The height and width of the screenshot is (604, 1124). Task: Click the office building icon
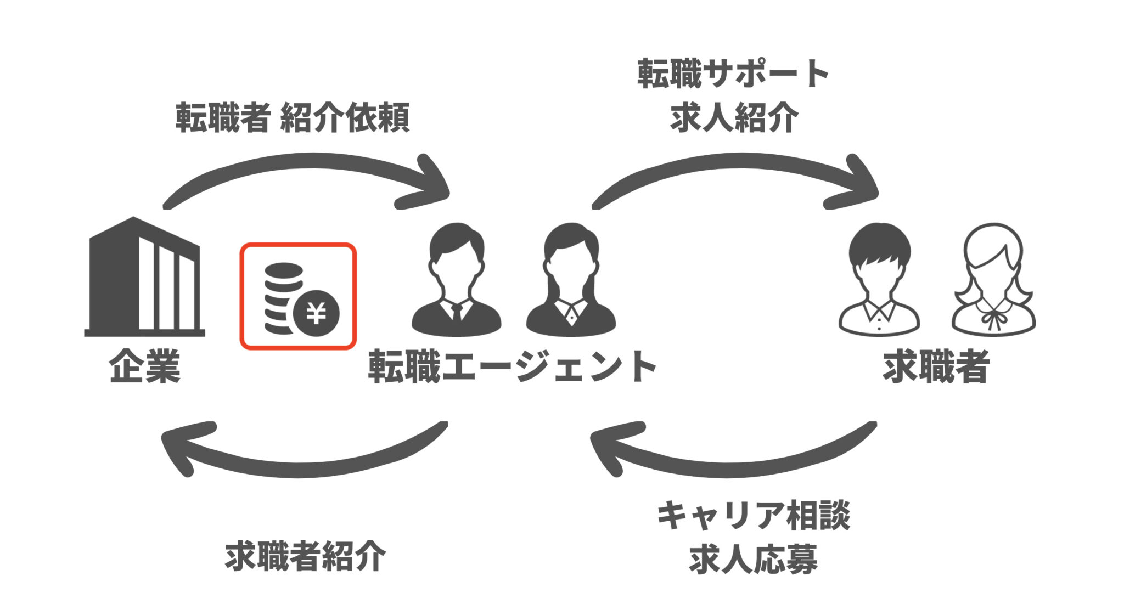coord(144,277)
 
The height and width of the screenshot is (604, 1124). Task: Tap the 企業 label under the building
coord(144,366)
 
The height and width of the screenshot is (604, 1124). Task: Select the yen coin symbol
coord(316,313)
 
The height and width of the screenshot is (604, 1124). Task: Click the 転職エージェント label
coord(512,366)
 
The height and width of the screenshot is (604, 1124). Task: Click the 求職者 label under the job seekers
coord(936,366)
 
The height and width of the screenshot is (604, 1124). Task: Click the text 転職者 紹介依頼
coord(293,118)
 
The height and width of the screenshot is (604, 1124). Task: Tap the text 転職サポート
coord(733,74)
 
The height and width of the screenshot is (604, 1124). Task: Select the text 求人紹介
coord(733,118)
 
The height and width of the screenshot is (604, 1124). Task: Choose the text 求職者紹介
coord(305,557)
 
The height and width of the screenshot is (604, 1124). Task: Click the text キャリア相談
coord(753,516)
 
